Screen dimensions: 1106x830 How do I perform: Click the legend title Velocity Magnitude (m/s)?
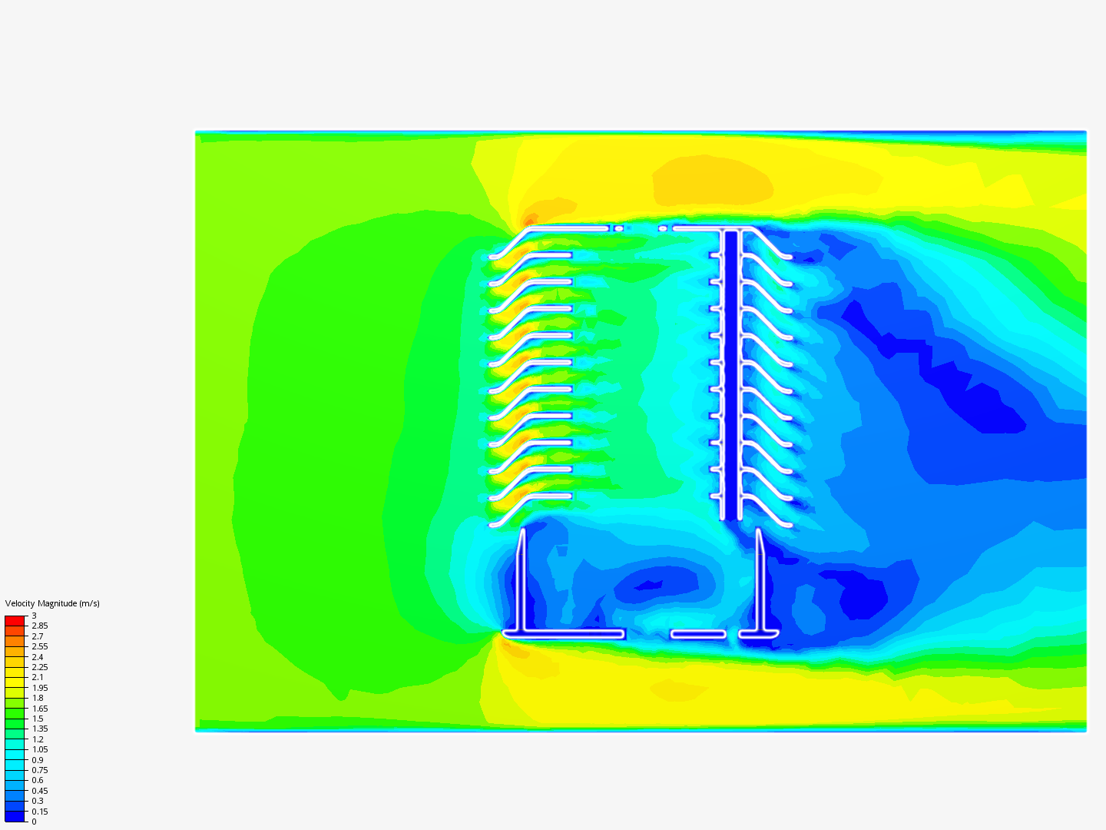tap(52, 603)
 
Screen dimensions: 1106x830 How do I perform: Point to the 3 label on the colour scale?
tap(35, 616)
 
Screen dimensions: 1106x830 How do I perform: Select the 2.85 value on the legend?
tap(40, 626)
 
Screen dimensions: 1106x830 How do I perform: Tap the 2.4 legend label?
tap(38, 657)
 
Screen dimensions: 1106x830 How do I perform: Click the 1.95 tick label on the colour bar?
tap(40, 688)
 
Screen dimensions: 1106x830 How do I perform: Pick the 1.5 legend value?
tap(38, 719)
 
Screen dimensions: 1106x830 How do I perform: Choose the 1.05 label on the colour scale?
tap(40, 749)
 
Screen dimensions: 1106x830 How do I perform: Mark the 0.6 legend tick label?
tap(38, 780)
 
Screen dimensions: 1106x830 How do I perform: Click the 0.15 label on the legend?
tap(40, 812)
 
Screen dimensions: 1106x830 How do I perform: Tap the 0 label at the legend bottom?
tap(35, 822)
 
